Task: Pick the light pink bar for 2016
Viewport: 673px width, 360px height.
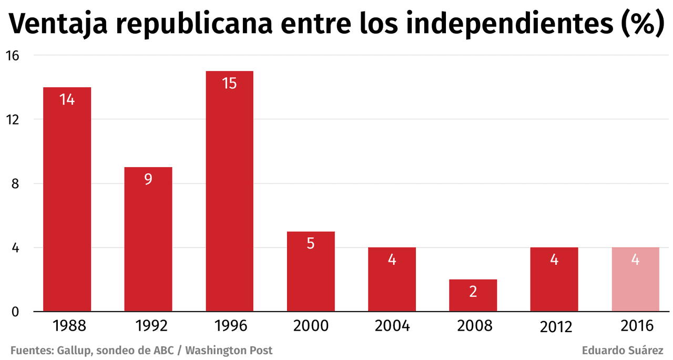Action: pos(635,279)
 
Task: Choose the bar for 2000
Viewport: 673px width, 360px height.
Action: pos(310,271)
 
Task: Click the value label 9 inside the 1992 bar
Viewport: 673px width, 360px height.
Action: pos(148,179)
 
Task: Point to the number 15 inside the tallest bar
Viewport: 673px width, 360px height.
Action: pos(229,83)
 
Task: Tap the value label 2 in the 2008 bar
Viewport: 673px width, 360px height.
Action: pos(473,292)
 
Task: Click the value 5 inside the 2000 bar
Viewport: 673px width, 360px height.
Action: pos(310,244)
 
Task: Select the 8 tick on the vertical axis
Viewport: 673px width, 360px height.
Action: pos(14,183)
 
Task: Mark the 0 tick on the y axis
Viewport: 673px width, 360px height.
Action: pos(14,312)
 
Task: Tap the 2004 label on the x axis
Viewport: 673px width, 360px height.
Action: pos(392,326)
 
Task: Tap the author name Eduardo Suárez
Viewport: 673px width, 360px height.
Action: pos(623,351)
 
